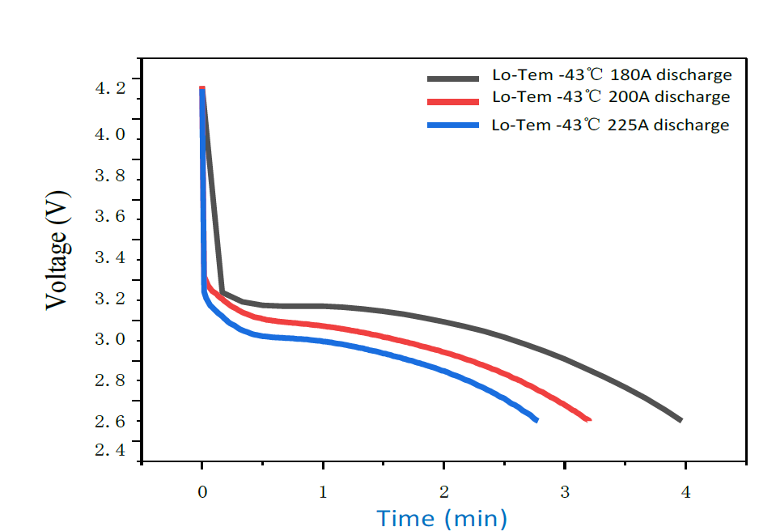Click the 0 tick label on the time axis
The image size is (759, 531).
click(202, 491)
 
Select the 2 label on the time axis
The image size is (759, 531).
click(443, 491)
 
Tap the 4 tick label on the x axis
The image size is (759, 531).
click(685, 491)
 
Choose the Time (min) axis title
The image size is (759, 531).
click(441, 517)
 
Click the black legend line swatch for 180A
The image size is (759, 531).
click(455, 78)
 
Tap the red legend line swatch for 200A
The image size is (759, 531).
click(455, 100)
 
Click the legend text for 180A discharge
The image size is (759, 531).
click(612, 75)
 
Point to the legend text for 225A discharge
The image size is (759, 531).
click(610, 125)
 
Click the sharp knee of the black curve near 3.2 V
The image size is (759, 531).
click(222, 292)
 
